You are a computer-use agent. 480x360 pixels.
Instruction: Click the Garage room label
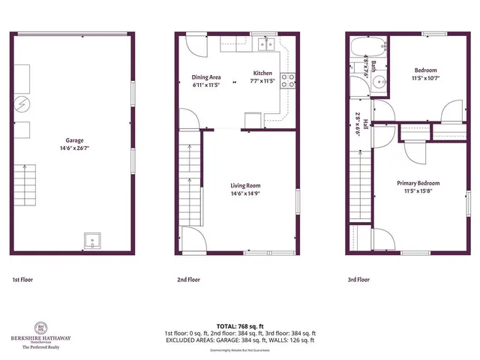(73, 140)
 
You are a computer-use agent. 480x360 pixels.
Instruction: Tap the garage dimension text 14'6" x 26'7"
(73, 148)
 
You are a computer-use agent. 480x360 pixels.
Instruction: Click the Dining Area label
(206, 77)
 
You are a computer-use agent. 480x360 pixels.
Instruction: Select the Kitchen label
(262, 73)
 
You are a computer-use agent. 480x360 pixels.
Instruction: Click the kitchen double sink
(263, 44)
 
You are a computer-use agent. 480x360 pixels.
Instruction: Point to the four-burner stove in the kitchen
(288, 80)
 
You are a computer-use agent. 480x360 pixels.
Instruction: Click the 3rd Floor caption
(358, 280)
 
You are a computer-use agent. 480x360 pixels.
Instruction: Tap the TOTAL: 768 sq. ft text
(240, 326)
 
